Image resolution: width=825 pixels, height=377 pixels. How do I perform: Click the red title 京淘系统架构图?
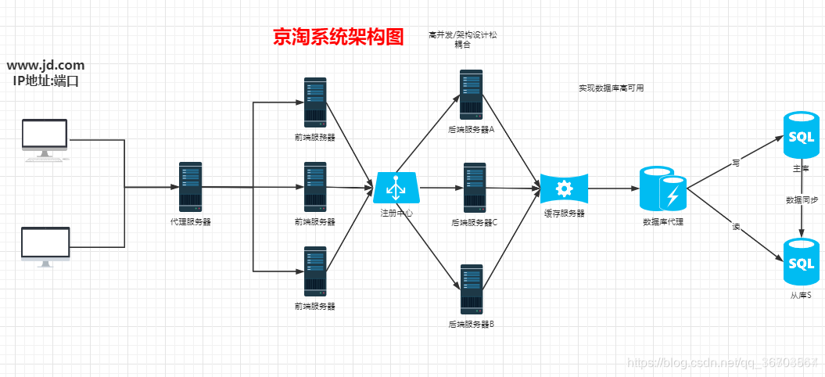pos(338,36)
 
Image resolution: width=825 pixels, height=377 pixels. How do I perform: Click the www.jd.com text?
pos(46,66)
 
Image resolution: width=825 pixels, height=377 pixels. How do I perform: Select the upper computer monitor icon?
pos(45,140)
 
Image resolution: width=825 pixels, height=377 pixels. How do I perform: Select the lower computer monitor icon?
pos(45,246)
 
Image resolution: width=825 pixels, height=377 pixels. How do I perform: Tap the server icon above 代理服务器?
pos(190,187)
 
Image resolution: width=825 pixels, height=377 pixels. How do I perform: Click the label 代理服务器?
pos(190,221)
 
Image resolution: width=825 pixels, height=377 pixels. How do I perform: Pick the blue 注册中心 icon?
pos(396,188)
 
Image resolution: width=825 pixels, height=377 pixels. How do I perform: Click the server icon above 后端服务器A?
pos(471,95)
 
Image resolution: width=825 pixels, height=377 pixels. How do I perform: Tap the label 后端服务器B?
pos(471,324)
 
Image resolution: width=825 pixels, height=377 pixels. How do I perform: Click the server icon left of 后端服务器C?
pos(475,188)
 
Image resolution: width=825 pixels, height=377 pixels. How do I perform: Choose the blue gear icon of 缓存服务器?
pos(564,188)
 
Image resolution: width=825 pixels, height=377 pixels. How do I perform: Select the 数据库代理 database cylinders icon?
pos(662,188)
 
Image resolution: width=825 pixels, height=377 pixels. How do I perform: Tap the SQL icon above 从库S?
pos(802,263)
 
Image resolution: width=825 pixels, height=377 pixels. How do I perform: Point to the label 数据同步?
pos(802,200)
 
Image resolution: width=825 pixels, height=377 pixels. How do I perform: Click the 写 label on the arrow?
pos(736,163)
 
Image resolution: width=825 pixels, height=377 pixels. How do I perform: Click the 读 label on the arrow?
pos(736,226)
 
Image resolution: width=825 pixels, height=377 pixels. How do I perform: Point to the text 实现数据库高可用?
pos(611,88)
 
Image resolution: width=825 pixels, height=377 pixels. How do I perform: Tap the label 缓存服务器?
pos(564,214)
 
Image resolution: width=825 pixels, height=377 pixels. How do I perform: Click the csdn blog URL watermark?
pos(723,363)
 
